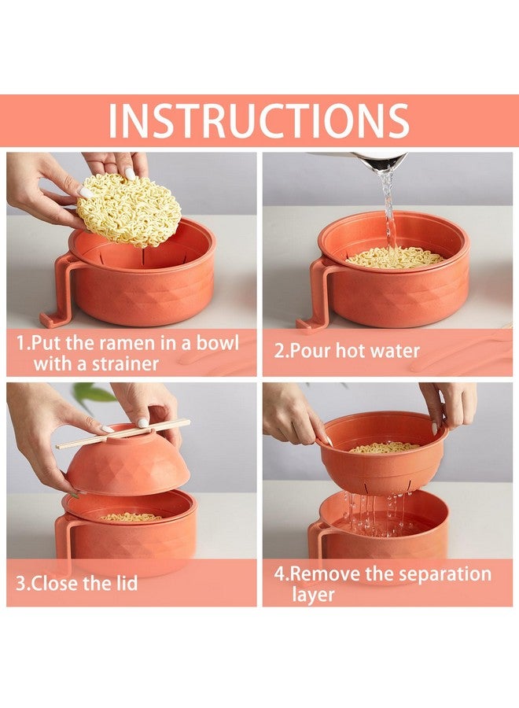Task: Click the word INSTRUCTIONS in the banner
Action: pos(259,120)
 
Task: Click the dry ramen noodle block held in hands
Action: pos(128,210)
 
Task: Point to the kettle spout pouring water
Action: pos(381,161)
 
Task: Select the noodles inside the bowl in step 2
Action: pos(395,256)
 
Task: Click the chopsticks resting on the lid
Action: pos(123,433)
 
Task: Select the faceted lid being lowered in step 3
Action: pos(127,464)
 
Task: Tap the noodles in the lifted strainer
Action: pos(385,447)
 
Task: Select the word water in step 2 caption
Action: pos(392,350)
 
